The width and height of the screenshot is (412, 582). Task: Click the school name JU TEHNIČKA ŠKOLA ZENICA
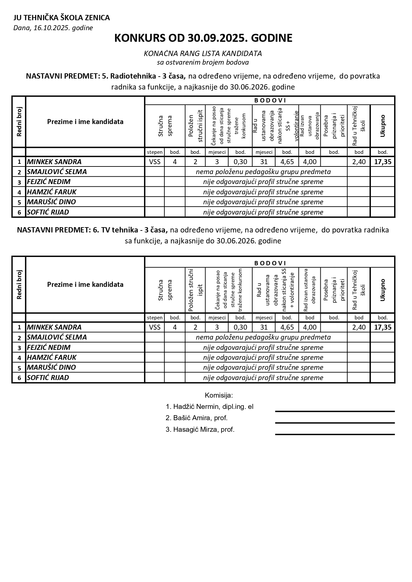[x=61, y=18]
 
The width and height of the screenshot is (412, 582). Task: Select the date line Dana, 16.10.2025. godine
[x=53, y=28]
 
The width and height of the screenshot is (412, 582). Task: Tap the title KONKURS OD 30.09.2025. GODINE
[x=203, y=38]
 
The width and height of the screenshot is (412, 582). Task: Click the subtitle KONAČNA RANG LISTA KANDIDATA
[x=203, y=53]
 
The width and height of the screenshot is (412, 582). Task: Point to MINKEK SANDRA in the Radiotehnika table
[x=54, y=162]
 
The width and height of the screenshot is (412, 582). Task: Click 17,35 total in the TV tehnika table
[x=382, y=327]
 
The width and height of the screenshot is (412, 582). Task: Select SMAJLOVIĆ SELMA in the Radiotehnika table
[x=57, y=172]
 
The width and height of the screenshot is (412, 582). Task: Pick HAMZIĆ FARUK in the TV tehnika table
[x=51, y=357]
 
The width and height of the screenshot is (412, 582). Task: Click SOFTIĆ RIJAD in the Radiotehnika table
[x=48, y=212]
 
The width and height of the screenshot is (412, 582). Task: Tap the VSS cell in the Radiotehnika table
[x=155, y=162]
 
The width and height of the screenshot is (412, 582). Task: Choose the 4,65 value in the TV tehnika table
[x=287, y=327]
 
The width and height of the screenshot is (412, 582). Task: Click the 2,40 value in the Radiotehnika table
[x=359, y=162]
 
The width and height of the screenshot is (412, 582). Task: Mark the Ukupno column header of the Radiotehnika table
[x=382, y=126]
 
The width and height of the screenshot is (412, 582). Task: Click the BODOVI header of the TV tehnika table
[x=270, y=263]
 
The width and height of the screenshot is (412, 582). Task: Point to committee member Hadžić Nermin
[x=209, y=407]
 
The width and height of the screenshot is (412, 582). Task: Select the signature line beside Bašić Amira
[x=335, y=422]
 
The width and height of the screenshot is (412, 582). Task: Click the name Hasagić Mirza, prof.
[x=200, y=429]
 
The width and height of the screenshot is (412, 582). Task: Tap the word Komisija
[x=219, y=395]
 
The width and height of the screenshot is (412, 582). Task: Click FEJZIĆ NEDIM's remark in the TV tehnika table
[x=263, y=348]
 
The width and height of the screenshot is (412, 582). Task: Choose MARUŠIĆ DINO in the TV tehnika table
[x=51, y=367]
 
